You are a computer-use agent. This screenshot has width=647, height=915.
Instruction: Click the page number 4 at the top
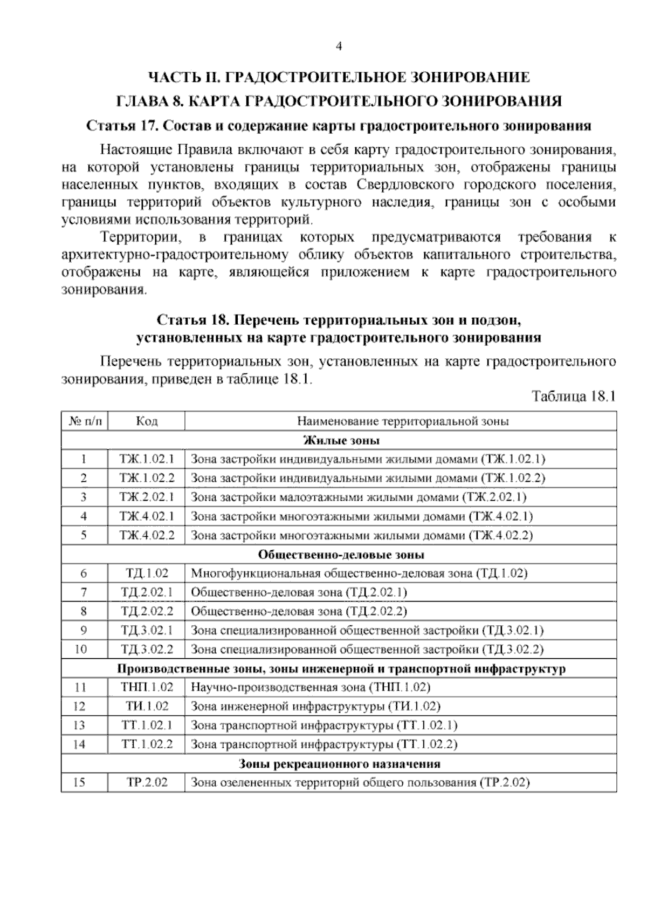[339, 46]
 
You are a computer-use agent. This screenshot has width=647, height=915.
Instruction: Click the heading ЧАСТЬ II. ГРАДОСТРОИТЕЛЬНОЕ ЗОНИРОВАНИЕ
[339, 77]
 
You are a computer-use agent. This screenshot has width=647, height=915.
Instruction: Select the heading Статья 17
[339, 126]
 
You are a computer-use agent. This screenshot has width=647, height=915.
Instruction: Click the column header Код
[147, 421]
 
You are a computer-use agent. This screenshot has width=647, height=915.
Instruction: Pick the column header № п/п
[85, 421]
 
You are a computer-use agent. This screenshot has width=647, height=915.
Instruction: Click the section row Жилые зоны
[339, 440]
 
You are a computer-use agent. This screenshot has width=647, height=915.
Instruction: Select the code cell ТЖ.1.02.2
[147, 479]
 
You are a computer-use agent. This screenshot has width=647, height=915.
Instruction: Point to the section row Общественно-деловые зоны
[339, 555]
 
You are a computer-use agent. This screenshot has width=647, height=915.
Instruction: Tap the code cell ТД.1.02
[147, 573]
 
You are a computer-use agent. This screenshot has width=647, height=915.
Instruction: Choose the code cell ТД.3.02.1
[147, 631]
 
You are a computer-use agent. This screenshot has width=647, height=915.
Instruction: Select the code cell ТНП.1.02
[147, 687]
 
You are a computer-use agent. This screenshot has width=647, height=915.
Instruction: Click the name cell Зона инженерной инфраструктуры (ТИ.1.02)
[316, 707]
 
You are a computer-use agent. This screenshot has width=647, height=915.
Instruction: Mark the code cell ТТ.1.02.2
[147, 745]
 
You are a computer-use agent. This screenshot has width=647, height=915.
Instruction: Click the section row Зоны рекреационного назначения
[339, 764]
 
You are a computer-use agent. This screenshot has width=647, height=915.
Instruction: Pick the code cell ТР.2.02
[147, 783]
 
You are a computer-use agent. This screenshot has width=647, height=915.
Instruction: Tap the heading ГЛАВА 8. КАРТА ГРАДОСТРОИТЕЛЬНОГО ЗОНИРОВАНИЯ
[339, 101]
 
